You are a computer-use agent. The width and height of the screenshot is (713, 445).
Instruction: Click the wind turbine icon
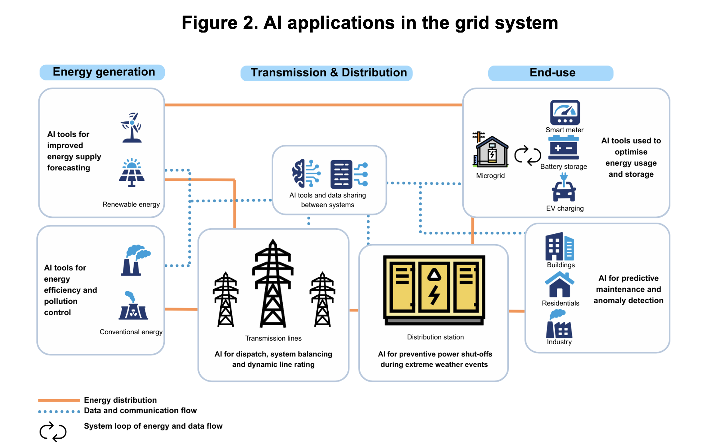[131, 127]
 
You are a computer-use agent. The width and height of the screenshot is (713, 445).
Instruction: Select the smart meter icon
[564, 113]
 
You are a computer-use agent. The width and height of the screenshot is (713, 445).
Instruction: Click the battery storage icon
[563, 148]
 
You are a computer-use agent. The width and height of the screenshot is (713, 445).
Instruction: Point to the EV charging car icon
[564, 189]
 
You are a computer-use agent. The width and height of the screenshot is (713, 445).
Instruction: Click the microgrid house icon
[491, 151]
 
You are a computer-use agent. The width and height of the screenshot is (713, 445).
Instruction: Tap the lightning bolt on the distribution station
[434, 294]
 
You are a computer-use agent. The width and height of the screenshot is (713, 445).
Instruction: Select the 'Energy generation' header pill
[102, 72]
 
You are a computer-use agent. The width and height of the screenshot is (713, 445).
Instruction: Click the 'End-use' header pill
[550, 73]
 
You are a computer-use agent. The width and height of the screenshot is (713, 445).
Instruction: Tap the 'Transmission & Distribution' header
[327, 73]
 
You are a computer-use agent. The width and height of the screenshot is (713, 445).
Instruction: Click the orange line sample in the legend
[59, 400]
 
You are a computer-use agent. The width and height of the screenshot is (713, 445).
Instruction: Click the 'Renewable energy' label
[131, 204]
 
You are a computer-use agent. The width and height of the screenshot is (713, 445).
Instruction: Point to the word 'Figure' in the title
[210, 23]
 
